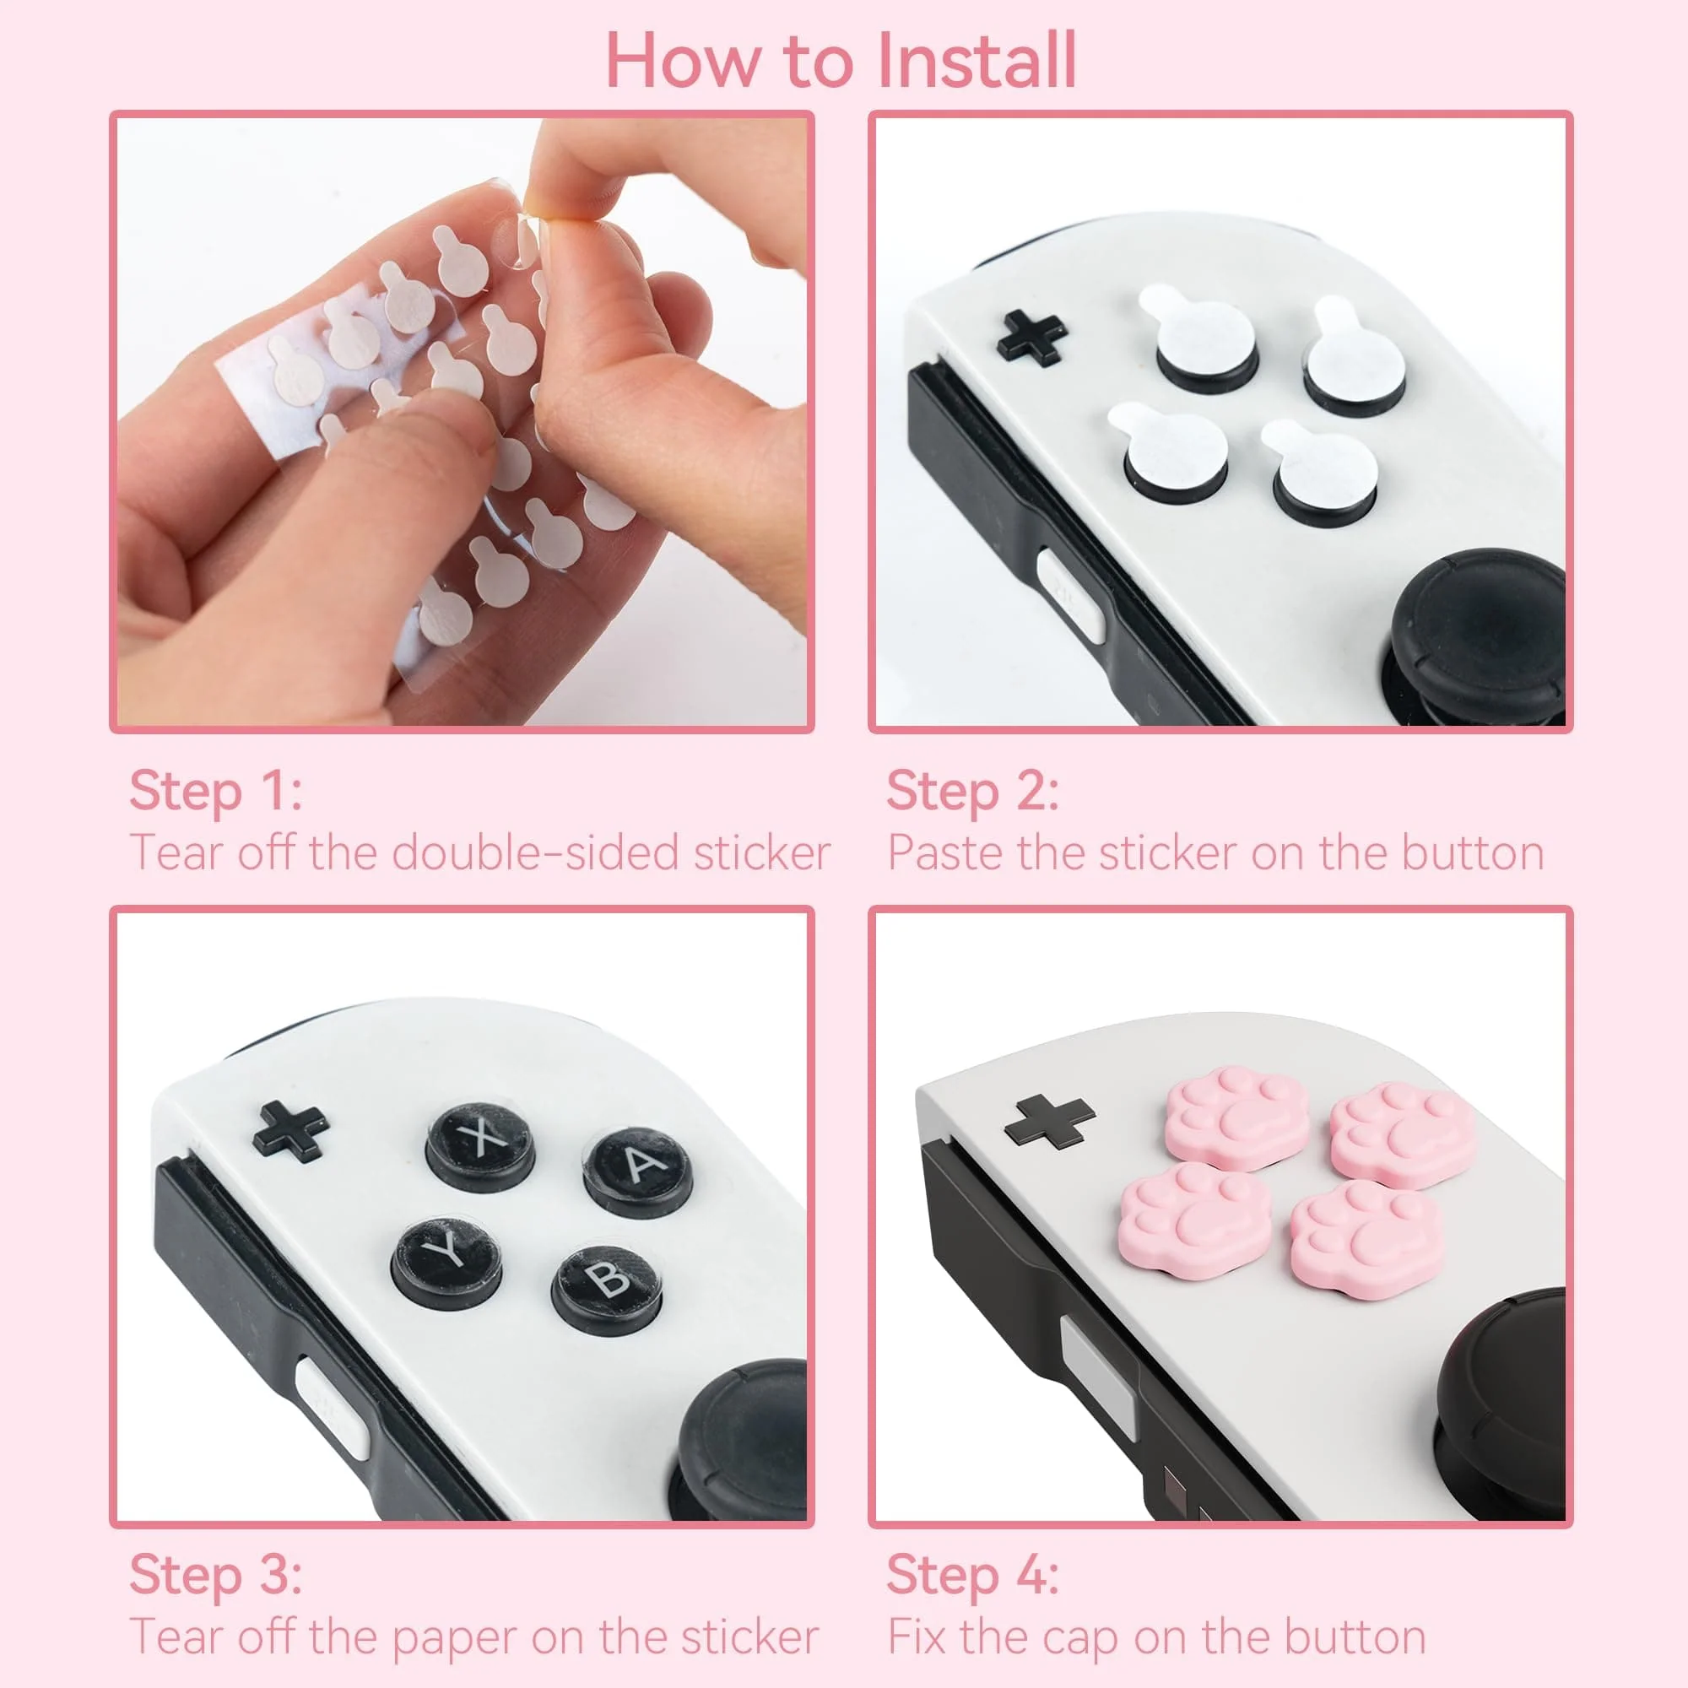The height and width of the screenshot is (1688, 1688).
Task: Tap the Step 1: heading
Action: tap(216, 791)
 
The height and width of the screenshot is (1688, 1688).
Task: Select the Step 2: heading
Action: tap(972, 791)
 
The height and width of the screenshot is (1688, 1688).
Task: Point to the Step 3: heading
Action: tap(216, 1574)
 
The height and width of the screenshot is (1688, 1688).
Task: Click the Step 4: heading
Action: tap(972, 1574)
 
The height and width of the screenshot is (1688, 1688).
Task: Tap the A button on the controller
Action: tap(639, 1166)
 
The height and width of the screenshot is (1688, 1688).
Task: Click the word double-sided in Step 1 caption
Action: tap(535, 852)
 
